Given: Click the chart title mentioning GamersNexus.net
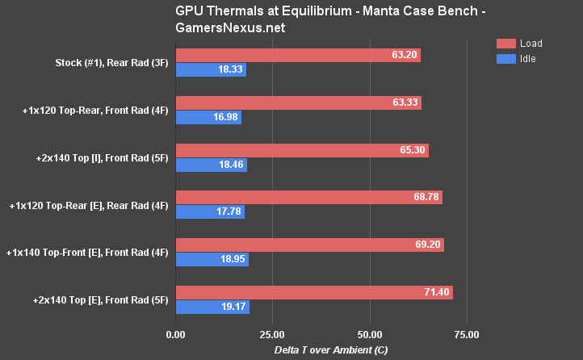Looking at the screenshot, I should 291,19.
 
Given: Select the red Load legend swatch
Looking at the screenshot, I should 506,44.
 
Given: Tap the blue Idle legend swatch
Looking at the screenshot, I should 506,59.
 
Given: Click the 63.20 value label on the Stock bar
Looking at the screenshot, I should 402,56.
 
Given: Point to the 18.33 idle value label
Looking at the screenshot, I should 230,70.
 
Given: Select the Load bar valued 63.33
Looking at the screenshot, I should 298,103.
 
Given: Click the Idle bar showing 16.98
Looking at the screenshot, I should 208,118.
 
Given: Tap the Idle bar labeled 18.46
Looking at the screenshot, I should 211,165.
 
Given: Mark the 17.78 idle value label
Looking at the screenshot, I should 229,212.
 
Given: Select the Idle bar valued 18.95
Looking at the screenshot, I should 212,259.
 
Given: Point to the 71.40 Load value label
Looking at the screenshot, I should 435,292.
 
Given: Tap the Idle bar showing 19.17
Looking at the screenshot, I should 212,307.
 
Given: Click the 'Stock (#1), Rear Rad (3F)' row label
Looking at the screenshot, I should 111,63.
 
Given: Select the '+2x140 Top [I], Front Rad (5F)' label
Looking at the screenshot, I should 102,157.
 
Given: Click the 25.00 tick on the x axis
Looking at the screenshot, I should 272,334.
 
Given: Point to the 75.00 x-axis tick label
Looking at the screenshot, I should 467,334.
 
